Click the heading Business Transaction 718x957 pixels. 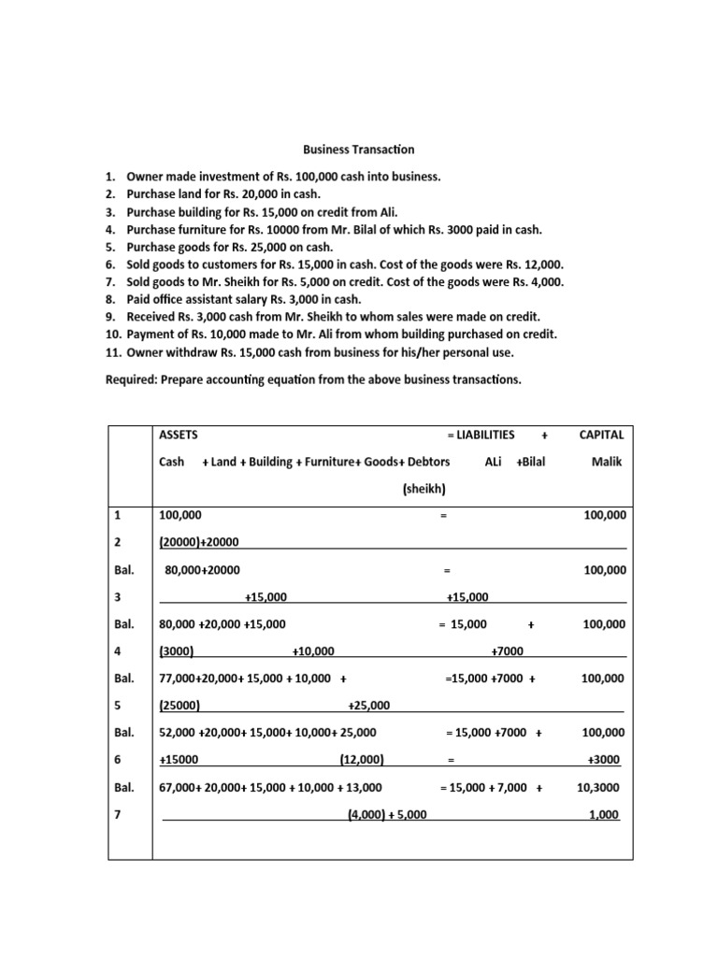[x=358, y=150]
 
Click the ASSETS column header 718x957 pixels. [x=179, y=435]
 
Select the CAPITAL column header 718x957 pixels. [x=602, y=435]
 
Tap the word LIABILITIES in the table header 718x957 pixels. [x=485, y=435]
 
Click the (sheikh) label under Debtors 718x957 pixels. [x=424, y=488]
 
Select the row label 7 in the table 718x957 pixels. [x=117, y=815]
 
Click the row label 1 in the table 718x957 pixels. [x=117, y=515]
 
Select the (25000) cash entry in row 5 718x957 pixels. [x=179, y=706]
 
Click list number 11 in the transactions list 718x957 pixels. [x=112, y=352]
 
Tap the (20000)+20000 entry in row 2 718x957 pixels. [x=200, y=542]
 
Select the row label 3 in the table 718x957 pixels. [x=117, y=596]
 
